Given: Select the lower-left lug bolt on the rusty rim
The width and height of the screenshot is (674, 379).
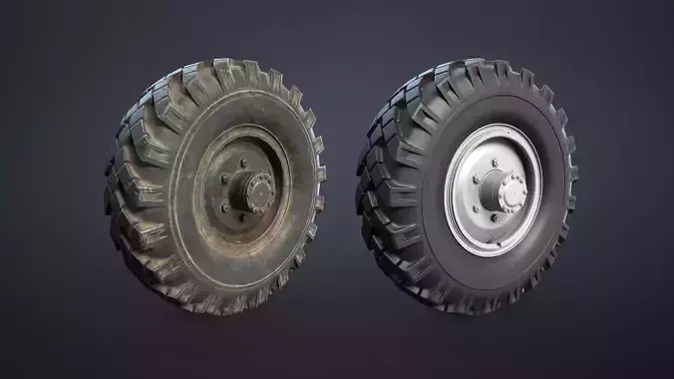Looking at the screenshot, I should coord(224,207).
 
